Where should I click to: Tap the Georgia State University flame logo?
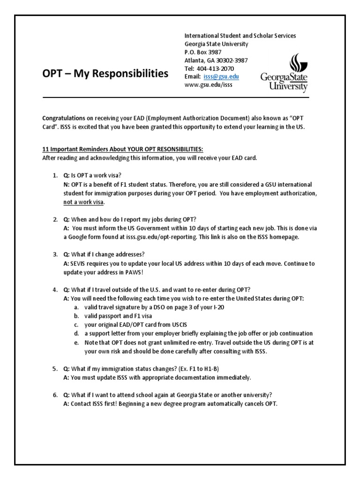click(x=284, y=73)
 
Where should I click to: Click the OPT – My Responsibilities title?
click(x=105, y=73)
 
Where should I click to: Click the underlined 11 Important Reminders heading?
click(x=123, y=150)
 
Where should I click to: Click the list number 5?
click(x=55, y=369)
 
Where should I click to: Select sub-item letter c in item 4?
click(x=76, y=325)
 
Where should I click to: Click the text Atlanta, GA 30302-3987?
click(x=216, y=60)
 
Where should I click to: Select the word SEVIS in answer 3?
click(x=81, y=263)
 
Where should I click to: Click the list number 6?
click(x=55, y=395)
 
